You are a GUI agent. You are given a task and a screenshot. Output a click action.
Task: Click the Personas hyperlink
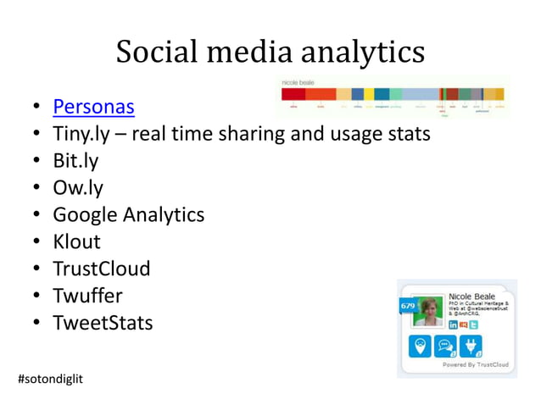(93, 108)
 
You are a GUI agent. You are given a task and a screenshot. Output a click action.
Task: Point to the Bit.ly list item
(75, 161)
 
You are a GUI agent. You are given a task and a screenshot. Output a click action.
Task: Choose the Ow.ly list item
(78, 187)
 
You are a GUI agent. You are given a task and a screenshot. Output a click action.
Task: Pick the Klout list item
(76, 241)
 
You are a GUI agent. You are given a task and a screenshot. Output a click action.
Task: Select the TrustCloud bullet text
(101, 269)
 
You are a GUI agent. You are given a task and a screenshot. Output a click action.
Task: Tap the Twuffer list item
(87, 296)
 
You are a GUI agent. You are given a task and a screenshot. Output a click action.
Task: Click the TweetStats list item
(103, 323)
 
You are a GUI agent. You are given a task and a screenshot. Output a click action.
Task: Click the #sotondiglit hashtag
(50, 375)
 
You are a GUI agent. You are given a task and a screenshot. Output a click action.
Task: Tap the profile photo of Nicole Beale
(428, 311)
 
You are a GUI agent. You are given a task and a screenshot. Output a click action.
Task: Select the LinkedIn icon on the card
(454, 325)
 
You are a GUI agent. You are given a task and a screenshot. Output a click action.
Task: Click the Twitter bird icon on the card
(474, 325)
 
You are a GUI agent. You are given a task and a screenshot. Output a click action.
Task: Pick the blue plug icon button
(471, 347)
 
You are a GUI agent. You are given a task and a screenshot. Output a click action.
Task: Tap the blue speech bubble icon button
(445, 347)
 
